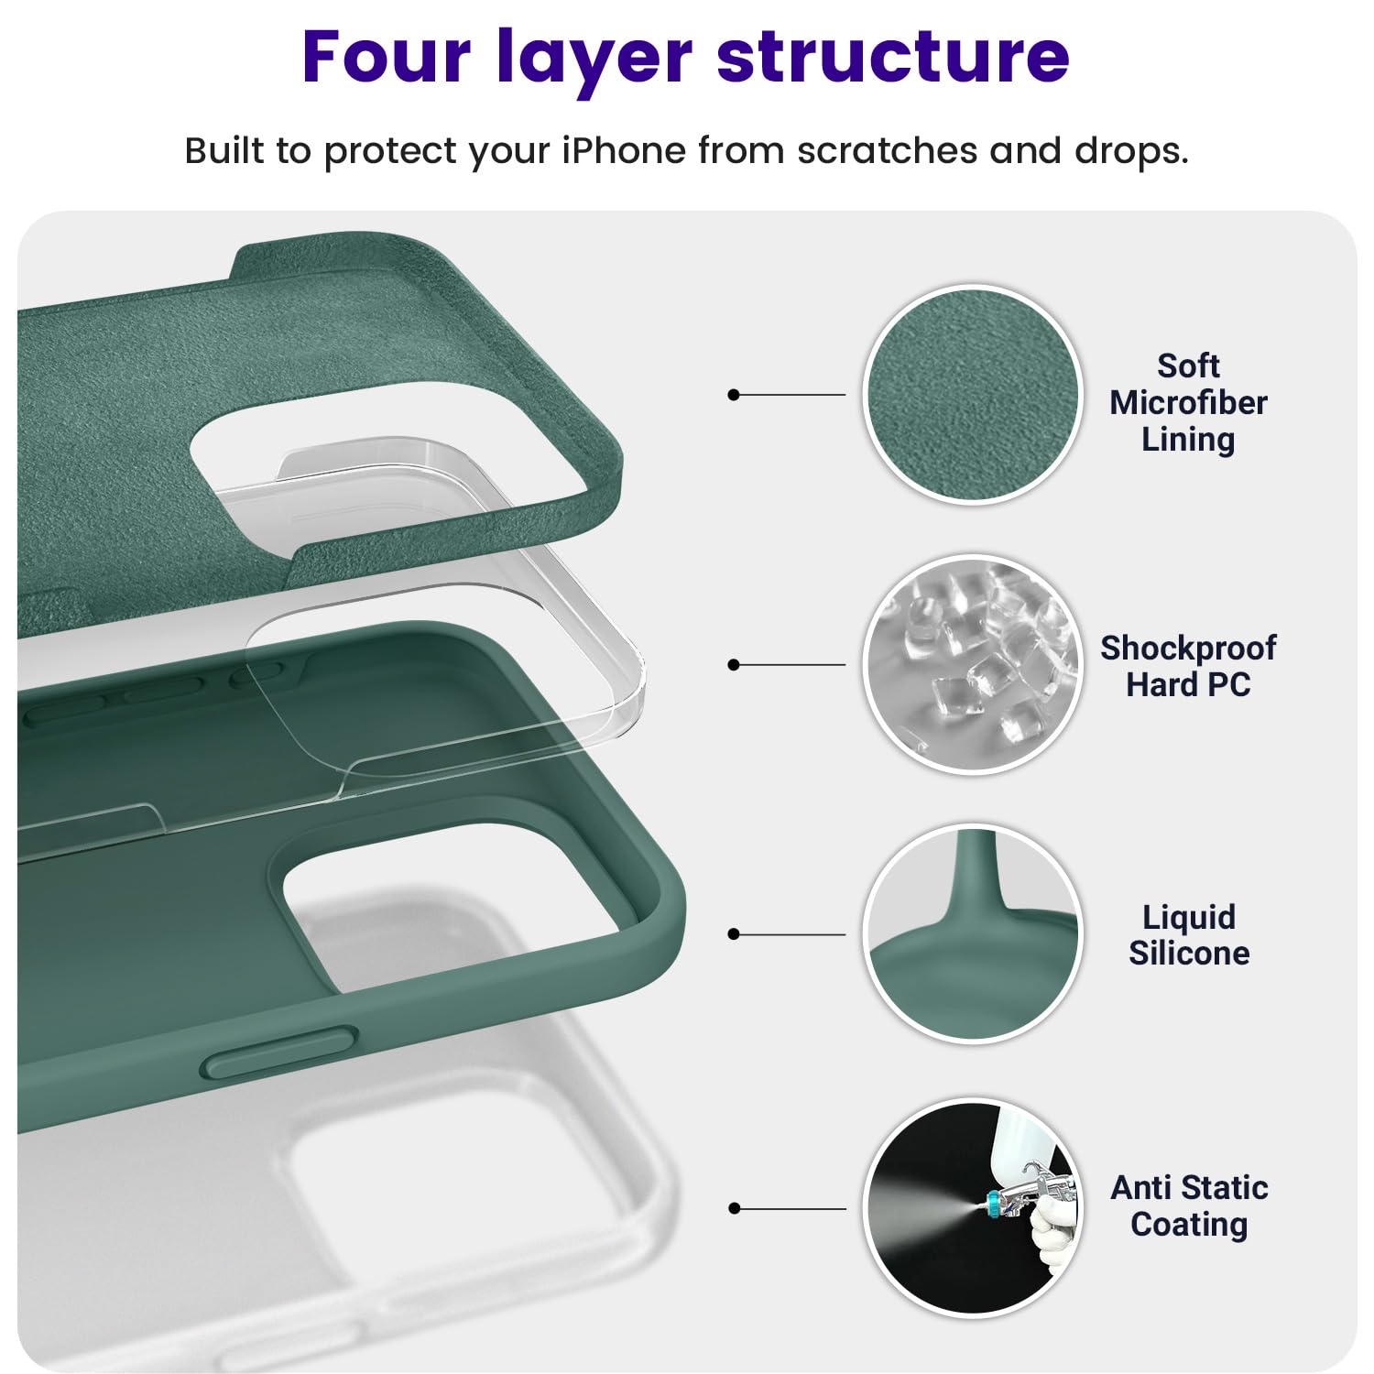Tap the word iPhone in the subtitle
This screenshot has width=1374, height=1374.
pyautogui.click(x=623, y=151)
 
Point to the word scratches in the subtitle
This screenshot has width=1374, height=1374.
pyautogui.click(x=887, y=151)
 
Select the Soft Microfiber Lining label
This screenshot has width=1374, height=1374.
pyautogui.click(x=1188, y=403)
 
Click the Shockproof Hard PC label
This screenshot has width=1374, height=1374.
pyautogui.click(x=1188, y=666)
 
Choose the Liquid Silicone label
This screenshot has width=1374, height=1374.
pyautogui.click(x=1188, y=935)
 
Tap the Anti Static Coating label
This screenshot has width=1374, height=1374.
pyautogui.click(x=1188, y=1205)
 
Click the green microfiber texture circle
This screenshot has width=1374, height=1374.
pyautogui.click(x=973, y=395)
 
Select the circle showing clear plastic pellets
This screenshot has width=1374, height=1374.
pyautogui.click(x=973, y=664)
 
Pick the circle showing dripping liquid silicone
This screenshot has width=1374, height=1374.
pyautogui.click(x=973, y=934)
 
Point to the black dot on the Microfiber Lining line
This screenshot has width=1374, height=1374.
pyautogui.click(x=733, y=395)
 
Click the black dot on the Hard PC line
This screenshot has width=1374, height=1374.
pyautogui.click(x=733, y=664)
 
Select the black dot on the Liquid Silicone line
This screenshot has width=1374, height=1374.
pyautogui.click(x=733, y=934)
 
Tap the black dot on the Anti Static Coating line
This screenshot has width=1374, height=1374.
pyautogui.click(x=733, y=1208)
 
